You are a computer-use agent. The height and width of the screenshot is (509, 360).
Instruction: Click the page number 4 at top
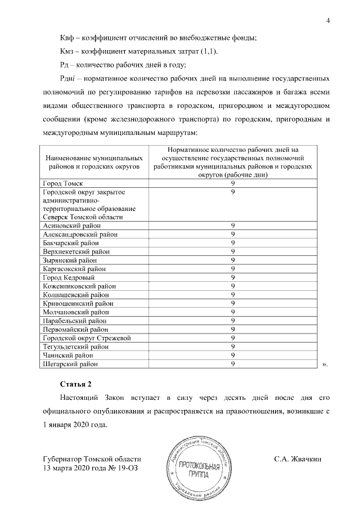[327, 21]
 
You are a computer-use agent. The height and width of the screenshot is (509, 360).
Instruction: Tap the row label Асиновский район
[71, 226]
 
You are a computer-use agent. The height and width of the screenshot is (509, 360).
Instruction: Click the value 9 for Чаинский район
[232, 355]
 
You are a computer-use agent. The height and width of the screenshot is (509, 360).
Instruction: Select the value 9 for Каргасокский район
[232, 269]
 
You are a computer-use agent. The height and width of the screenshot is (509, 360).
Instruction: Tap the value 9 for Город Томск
[232, 183]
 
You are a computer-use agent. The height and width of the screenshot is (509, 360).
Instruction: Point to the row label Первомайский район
[72, 329]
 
